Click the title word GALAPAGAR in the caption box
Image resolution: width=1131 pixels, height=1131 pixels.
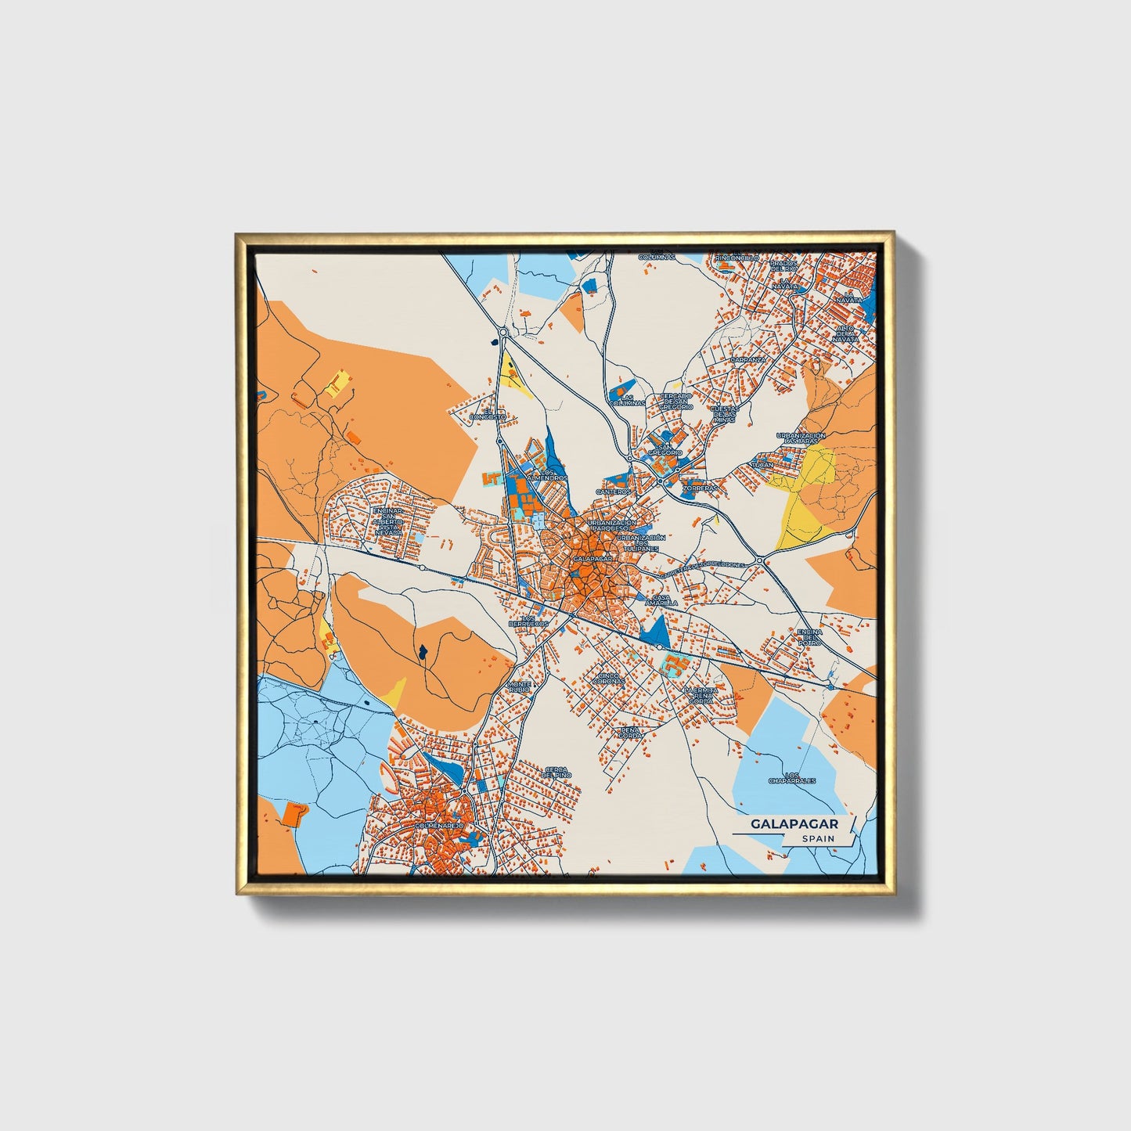(x=794, y=823)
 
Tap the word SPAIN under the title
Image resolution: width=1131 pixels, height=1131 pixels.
(x=817, y=838)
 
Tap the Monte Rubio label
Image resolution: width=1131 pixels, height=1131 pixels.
(x=519, y=686)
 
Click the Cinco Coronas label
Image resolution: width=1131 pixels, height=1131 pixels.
(x=611, y=678)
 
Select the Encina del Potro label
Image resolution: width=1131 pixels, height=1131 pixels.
(x=809, y=636)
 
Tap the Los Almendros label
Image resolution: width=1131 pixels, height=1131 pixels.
(x=548, y=475)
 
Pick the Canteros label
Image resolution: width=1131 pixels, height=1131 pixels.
(x=613, y=492)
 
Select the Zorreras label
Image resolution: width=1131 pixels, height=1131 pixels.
(x=698, y=487)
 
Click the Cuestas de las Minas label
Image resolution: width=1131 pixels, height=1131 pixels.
(x=724, y=413)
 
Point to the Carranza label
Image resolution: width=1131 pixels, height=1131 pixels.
(x=747, y=359)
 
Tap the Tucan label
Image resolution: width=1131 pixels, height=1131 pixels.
(x=762, y=464)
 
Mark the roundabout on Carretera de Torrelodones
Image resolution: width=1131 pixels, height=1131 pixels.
(x=759, y=561)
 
